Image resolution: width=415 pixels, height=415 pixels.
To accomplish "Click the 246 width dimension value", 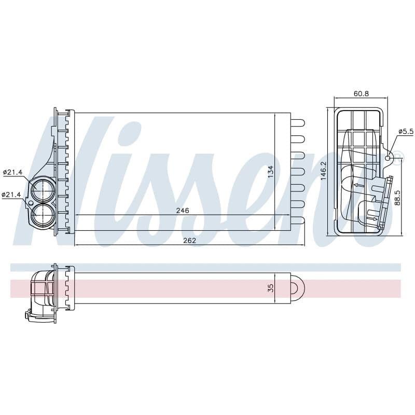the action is tap(183, 211).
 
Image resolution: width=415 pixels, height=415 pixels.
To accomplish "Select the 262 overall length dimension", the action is tap(189, 240).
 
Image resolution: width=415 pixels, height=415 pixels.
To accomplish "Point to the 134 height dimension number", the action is tap(270, 172).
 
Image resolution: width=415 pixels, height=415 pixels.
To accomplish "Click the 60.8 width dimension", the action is tap(361, 93).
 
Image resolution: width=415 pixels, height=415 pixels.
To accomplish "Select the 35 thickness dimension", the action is tap(270, 288).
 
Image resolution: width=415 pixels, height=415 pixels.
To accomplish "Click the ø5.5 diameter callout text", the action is tap(406, 131).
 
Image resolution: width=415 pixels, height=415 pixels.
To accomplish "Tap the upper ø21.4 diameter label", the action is tap(12, 172).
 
